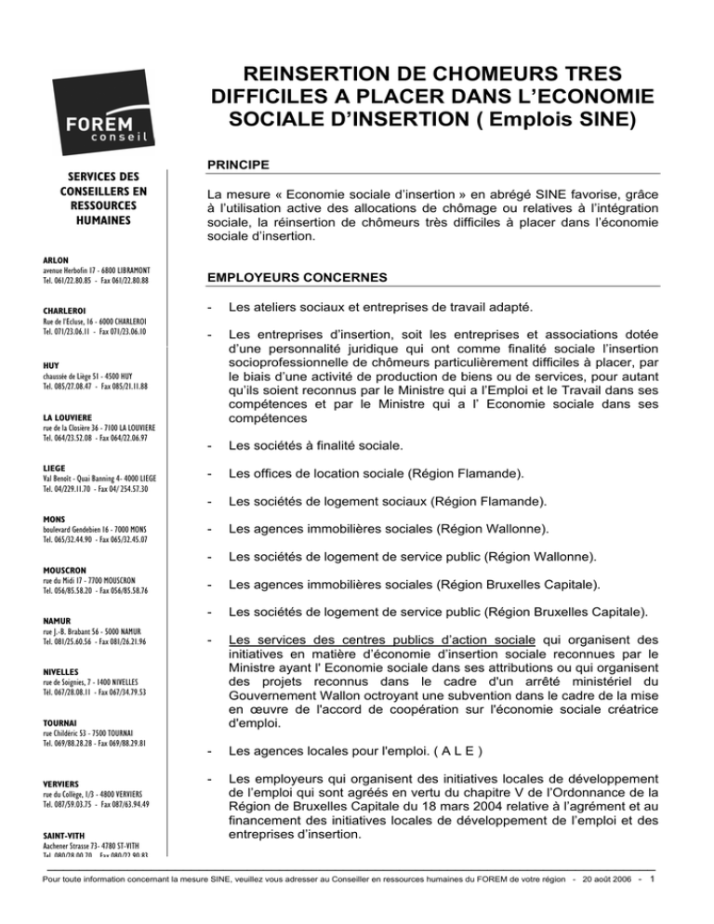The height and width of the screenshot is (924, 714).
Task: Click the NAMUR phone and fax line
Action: point(79,641)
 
